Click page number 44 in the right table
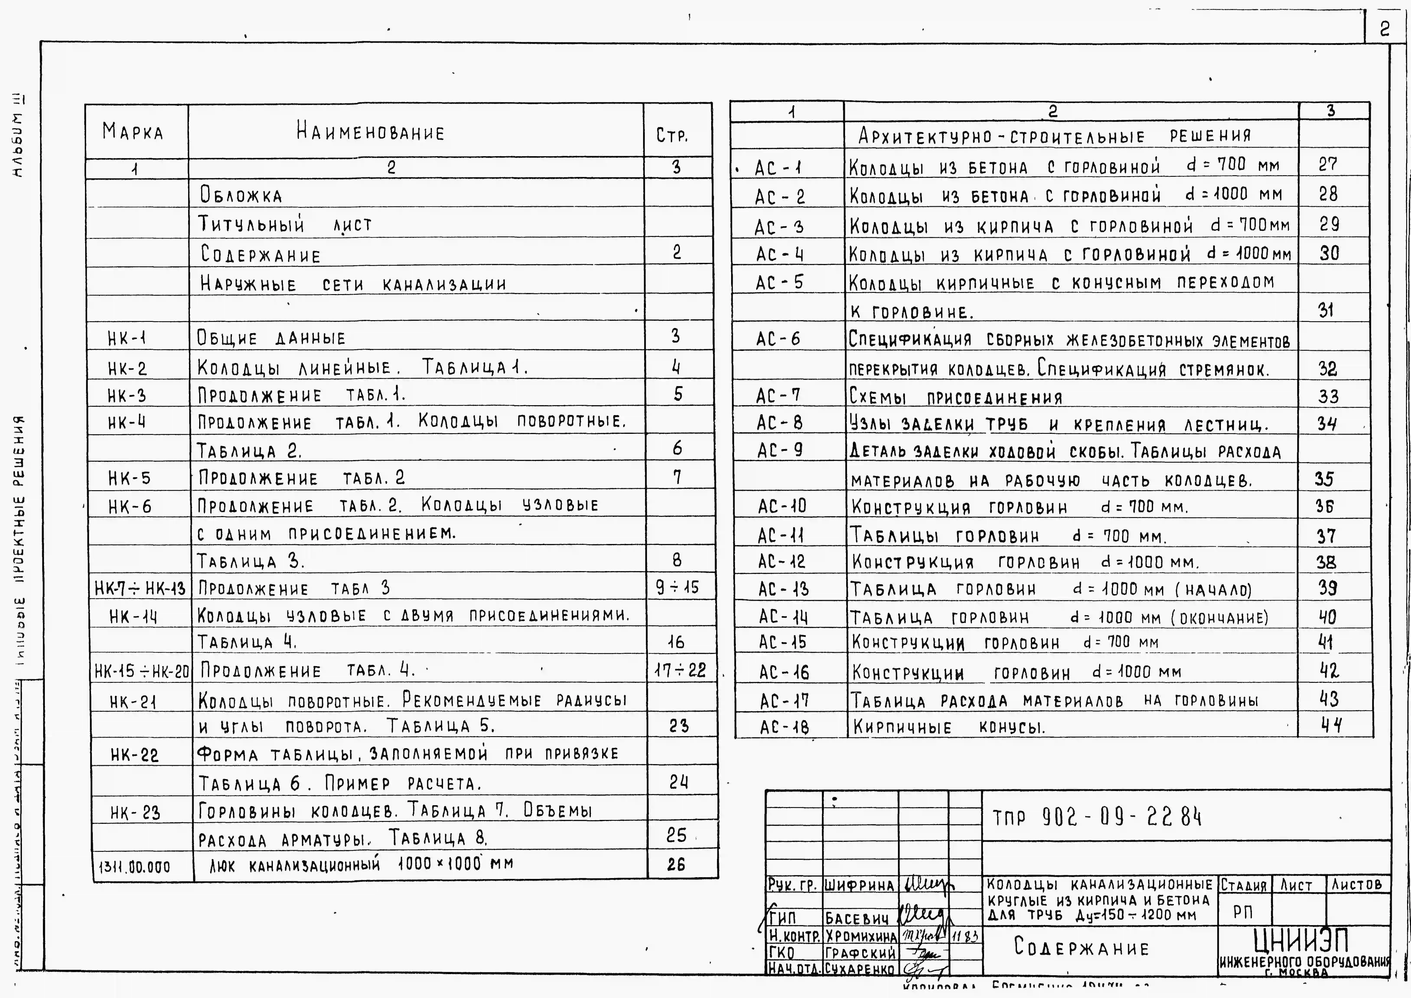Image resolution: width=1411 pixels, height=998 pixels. coord(1331,726)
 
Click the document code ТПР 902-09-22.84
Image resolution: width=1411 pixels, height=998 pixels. coord(1097,817)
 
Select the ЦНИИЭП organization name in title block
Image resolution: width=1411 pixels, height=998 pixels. coord(1301,941)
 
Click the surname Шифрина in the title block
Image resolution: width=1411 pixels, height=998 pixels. coord(859,885)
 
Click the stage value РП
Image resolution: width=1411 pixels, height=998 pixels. coord(1243,913)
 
